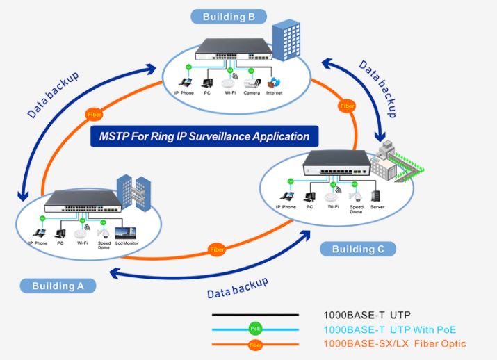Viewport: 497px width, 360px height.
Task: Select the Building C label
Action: tap(358, 249)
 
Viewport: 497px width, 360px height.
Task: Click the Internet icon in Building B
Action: tap(274, 82)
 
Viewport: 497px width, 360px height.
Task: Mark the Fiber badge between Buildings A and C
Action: tap(217, 249)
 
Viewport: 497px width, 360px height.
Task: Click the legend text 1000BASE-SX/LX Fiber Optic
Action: tap(394, 343)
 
